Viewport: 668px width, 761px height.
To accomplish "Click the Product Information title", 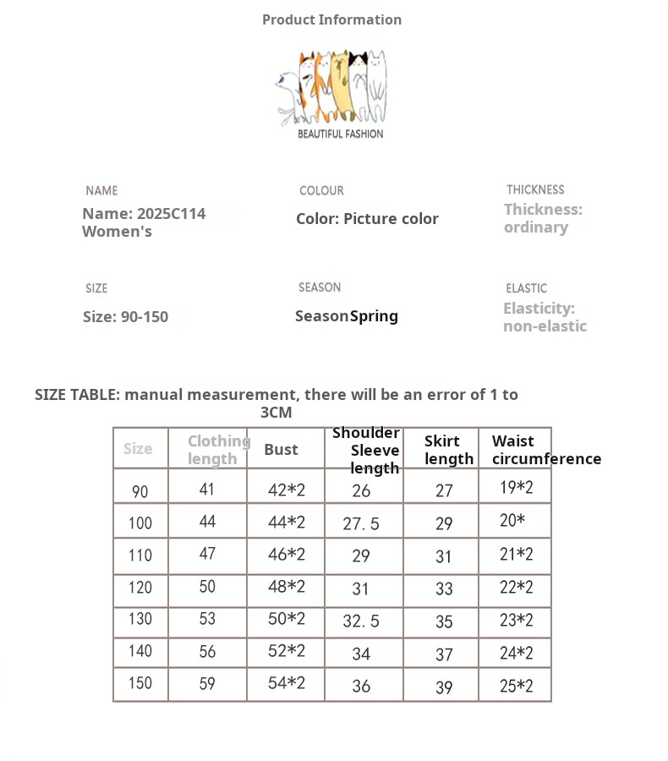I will click(331, 19).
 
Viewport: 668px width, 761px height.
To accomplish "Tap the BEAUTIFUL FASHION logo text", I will click(340, 134).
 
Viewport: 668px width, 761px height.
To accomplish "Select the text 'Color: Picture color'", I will click(367, 218).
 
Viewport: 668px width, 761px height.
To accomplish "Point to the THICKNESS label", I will click(535, 189).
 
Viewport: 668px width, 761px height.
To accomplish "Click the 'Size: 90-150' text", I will click(125, 316).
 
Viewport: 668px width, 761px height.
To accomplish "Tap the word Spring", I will click(374, 315).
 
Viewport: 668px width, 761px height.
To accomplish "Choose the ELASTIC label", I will click(526, 288).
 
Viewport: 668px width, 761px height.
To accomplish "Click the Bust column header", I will click(281, 449).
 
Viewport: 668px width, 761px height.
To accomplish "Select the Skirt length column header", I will click(448, 450).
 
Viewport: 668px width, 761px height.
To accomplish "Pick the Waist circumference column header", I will click(546, 450).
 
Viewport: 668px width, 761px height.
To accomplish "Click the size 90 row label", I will click(140, 491).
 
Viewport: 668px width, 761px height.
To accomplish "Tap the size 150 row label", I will click(140, 683).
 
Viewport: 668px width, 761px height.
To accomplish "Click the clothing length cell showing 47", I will click(207, 554).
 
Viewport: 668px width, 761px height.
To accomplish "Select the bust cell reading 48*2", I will click(286, 587).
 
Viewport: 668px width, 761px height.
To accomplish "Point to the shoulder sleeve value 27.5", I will click(361, 524).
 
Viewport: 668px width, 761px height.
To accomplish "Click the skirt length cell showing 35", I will click(444, 621).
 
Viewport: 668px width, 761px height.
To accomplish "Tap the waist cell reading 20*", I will click(512, 520).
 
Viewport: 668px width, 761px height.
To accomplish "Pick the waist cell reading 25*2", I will click(516, 685).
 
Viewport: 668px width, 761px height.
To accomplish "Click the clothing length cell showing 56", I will click(207, 651).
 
